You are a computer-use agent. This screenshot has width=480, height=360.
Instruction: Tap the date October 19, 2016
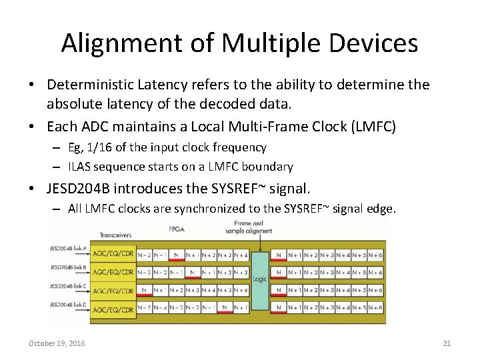57,343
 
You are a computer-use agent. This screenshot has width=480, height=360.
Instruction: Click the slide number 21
447,343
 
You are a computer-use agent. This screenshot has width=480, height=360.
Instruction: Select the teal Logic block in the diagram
259,279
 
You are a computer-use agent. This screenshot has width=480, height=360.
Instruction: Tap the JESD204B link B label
67,267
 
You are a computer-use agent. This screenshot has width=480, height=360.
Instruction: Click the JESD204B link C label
67,287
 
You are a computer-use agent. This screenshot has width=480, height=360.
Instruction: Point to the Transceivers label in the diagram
115,235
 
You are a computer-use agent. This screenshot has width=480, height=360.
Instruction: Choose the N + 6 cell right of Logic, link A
375,254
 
